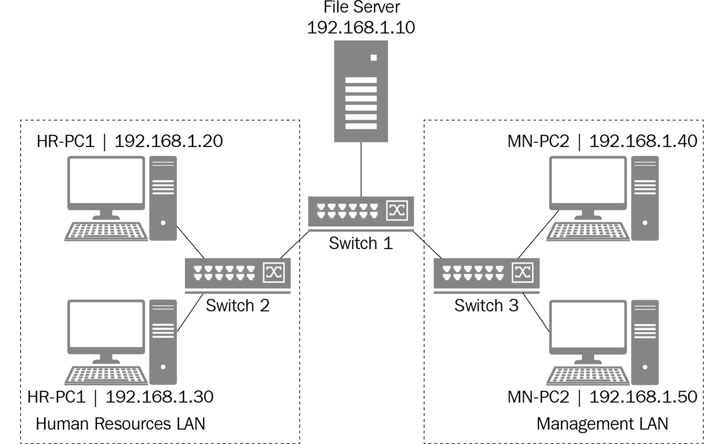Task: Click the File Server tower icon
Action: [x=361, y=91]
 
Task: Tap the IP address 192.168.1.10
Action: [x=361, y=28]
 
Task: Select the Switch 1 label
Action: [x=361, y=243]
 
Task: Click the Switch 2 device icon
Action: [x=237, y=274]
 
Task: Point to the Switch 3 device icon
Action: [x=486, y=274]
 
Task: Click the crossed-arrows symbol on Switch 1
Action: [x=397, y=211]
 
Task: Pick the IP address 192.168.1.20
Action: [x=168, y=141]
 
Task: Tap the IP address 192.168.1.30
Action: [x=159, y=397]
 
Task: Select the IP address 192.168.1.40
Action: [x=643, y=141]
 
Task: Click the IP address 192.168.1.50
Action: [x=643, y=397]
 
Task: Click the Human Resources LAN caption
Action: [x=120, y=424]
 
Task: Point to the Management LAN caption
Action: [x=602, y=424]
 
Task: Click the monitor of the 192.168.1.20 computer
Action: [x=106, y=181]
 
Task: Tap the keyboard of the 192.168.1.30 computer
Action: [x=106, y=376]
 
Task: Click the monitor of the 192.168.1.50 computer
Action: [x=588, y=325]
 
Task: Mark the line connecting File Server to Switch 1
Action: [x=361, y=169]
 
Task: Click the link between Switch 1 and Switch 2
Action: [x=294, y=245]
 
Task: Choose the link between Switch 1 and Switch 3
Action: [x=427, y=245]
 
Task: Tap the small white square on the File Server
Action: [x=373, y=57]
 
